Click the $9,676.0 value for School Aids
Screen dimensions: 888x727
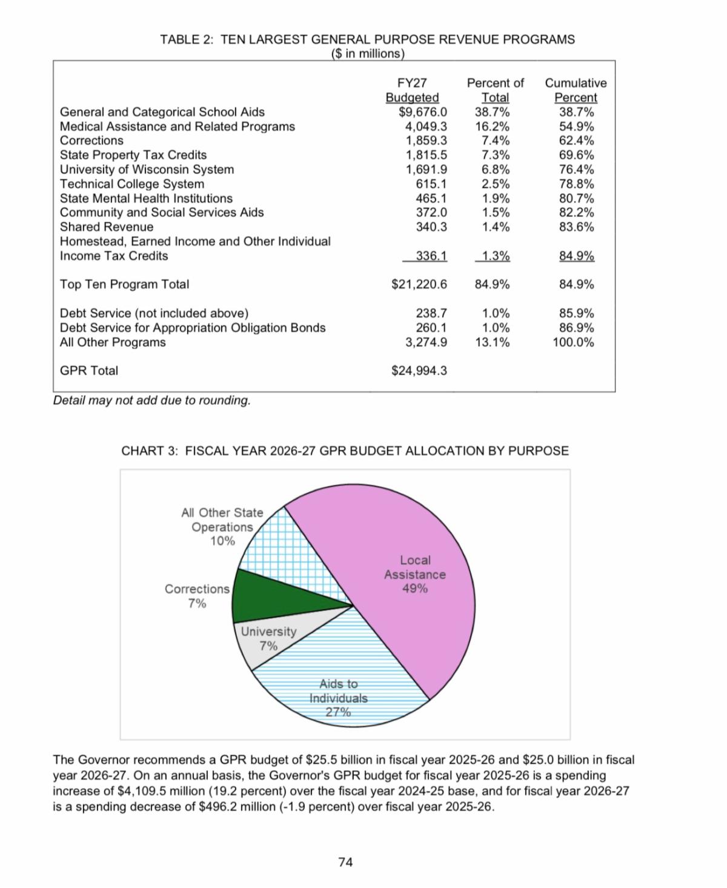pyautogui.click(x=423, y=112)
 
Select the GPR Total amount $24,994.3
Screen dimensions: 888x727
pyautogui.click(x=419, y=370)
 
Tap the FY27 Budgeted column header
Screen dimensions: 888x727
pyautogui.click(x=412, y=90)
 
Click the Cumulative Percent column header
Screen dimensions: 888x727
pyautogui.click(x=576, y=90)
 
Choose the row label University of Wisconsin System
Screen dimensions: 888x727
pyautogui.click(x=147, y=170)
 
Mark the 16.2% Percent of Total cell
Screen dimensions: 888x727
pyautogui.click(x=492, y=127)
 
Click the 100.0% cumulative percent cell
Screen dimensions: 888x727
pyautogui.click(x=573, y=342)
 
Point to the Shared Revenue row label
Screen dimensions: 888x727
pyautogui.click(x=107, y=227)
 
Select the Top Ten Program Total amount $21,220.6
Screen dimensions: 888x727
pyautogui.click(x=419, y=284)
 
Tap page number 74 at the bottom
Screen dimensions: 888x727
pyautogui.click(x=345, y=862)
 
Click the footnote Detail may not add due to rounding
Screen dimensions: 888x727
pyautogui.click(x=152, y=401)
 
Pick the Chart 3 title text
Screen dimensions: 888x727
pyautogui.click(x=345, y=451)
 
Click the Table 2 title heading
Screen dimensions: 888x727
pyautogui.click(x=367, y=40)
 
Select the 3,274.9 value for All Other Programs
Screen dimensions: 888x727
pyautogui.click(x=426, y=342)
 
